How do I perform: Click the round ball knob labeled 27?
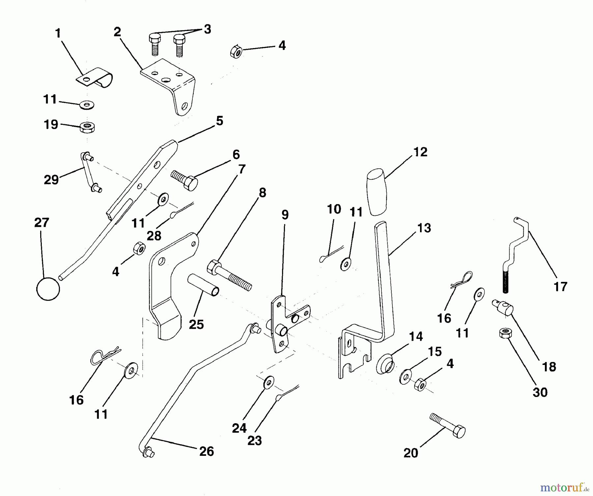click(48, 289)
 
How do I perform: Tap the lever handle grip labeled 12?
click(377, 192)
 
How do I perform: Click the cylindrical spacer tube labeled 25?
click(203, 285)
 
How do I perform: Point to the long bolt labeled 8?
click(229, 275)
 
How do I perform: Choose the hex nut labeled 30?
click(505, 333)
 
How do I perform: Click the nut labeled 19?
click(87, 127)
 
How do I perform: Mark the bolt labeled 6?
click(184, 180)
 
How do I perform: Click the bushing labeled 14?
click(385, 363)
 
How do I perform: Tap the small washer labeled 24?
click(269, 383)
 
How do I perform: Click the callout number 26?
click(207, 451)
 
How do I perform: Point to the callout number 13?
click(424, 228)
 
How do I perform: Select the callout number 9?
click(285, 214)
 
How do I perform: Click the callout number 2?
click(117, 32)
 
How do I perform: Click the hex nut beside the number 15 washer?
click(420, 385)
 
